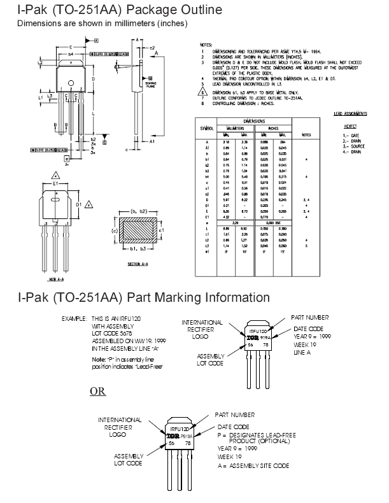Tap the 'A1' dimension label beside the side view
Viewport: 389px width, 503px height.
153,143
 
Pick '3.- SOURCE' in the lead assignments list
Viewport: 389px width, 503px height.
353,146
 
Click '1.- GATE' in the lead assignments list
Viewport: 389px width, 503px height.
351,136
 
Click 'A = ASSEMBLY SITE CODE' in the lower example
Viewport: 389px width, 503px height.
253,465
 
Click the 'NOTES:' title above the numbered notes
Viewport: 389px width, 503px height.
205,46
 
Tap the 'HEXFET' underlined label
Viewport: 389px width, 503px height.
349,127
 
